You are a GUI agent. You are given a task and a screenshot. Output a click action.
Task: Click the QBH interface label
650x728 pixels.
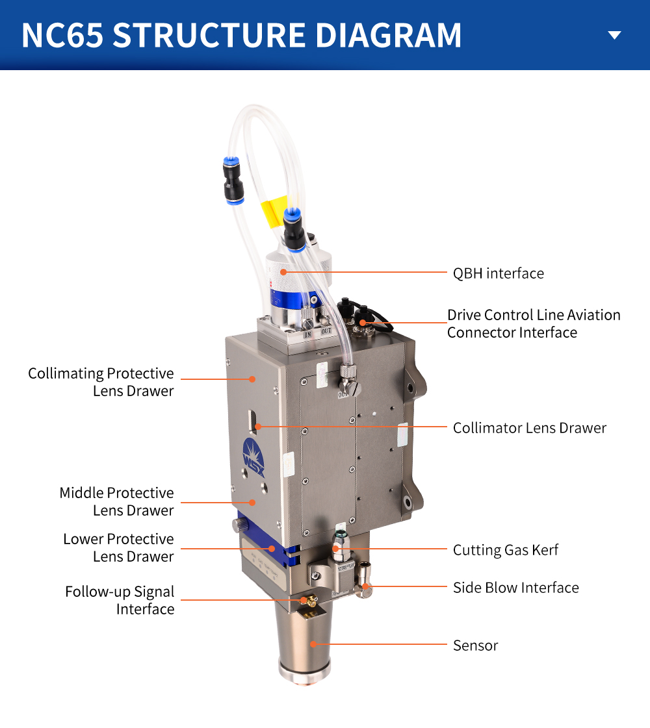point(498,273)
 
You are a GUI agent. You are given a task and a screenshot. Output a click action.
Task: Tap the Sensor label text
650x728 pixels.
point(475,646)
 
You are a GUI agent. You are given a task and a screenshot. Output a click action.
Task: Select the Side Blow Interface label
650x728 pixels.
point(515,588)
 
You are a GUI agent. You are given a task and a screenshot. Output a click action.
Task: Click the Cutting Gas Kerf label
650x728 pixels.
point(505,550)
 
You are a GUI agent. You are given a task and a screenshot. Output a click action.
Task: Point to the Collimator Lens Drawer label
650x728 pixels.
point(529,428)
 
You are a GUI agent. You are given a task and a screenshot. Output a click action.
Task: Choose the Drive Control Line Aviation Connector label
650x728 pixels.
point(533,323)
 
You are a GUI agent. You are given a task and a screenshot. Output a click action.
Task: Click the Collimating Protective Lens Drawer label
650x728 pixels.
point(101,382)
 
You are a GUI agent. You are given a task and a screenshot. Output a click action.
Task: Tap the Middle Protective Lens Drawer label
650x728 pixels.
point(116,501)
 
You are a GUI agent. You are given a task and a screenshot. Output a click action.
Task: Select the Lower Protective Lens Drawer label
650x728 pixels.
point(118,547)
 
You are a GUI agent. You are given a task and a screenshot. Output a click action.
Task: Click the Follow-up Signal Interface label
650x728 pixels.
point(120,600)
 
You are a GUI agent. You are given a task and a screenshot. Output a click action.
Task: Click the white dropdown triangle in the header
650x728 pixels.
point(614,35)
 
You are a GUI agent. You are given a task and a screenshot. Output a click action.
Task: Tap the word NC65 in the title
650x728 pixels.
point(62,36)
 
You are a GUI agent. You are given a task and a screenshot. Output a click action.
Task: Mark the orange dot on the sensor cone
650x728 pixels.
point(313,644)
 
